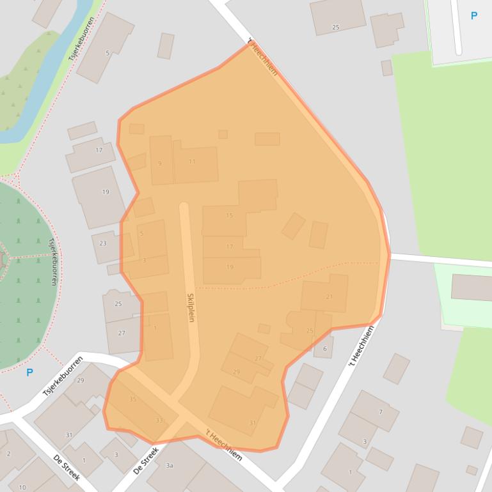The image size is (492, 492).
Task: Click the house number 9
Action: tap(159, 163)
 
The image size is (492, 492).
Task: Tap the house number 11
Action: tap(192, 162)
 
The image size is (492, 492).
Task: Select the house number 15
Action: tap(230, 216)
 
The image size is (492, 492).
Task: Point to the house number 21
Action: tap(329, 296)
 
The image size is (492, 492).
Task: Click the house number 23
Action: tap(103, 243)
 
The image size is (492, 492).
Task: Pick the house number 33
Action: tap(159, 420)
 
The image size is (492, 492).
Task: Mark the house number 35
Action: tap(132, 399)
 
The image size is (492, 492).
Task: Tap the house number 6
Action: tap(324, 348)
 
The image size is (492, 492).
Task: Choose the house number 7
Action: tap(381, 412)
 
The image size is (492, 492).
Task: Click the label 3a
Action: tap(169, 466)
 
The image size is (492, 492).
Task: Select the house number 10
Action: tap(22, 488)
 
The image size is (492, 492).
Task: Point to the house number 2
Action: tap(8, 454)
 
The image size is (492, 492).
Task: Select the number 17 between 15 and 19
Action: tap(230, 247)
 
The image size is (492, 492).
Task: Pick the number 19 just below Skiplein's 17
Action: tap(230, 267)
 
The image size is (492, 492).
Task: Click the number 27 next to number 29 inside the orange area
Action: tap(258, 358)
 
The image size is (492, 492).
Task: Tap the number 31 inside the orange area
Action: tap(253, 423)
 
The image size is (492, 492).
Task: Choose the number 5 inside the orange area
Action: tap(141, 234)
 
